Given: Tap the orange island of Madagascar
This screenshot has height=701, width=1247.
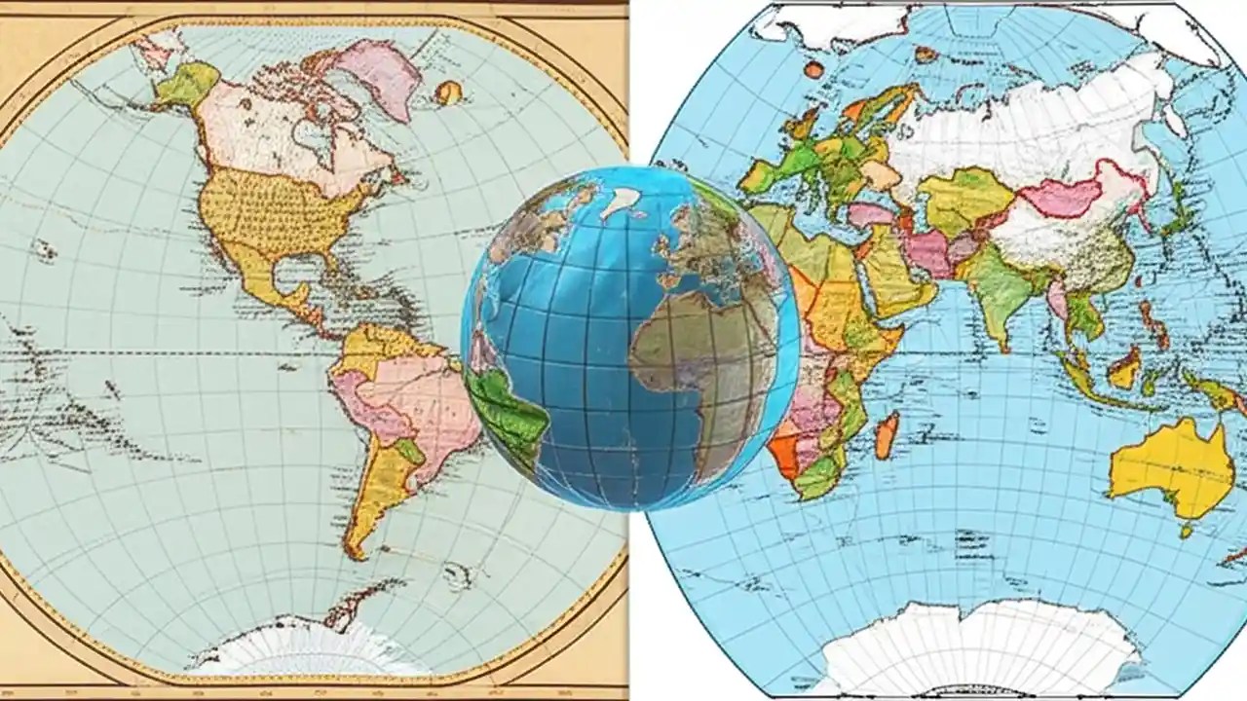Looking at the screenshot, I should point(886,435).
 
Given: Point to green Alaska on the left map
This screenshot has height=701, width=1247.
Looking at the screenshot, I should point(185,86).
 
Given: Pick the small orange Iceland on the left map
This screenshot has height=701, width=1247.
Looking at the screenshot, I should point(448,92).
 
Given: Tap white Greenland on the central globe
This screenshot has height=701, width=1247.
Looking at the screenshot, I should point(620,202).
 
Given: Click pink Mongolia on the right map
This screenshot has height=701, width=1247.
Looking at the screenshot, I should point(1062,195).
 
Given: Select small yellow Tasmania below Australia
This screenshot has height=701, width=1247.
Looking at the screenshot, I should point(1187,532).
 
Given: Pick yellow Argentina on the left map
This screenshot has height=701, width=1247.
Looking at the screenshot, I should point(375,487).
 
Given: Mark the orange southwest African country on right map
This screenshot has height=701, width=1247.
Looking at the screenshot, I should point(787,453).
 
